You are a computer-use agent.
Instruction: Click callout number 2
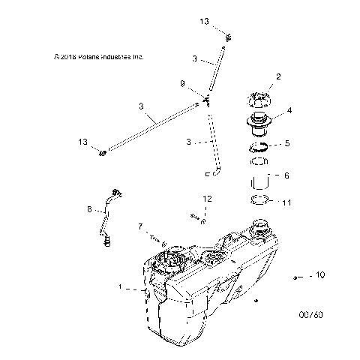pos(278,76)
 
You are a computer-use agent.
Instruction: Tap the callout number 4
pos(289,110)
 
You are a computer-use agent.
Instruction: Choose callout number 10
pos(319,276)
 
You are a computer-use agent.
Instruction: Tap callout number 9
pos(182,83)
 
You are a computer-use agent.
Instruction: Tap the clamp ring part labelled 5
pos(259,145)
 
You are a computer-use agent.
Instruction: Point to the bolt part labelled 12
pos(197,217)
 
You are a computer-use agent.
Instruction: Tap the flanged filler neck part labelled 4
pos(259,123)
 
